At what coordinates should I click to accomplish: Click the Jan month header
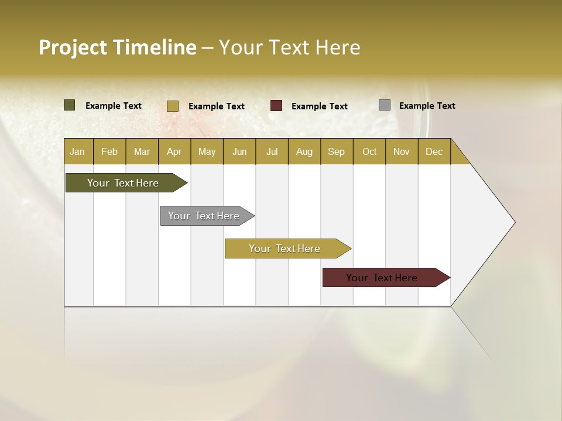[77, 151]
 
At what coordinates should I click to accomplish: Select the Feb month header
[109, 151]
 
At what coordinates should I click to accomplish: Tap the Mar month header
[142, 151]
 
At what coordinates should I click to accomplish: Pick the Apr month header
[174, 151]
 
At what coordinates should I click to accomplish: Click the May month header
[207, 151]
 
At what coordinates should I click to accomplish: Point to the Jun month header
[239, 151]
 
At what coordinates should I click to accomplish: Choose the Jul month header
[272, 151]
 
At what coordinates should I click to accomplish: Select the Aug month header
[304, 151]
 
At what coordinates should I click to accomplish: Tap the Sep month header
[337, 151]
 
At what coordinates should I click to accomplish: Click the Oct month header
[369, 151]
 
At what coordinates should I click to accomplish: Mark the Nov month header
[402, 151]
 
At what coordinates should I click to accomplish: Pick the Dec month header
[434, 151]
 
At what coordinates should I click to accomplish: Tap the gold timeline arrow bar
[285, 249]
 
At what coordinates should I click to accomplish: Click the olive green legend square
[70, 105]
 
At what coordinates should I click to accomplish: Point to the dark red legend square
[276, 106]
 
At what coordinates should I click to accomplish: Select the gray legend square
[385, 105]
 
